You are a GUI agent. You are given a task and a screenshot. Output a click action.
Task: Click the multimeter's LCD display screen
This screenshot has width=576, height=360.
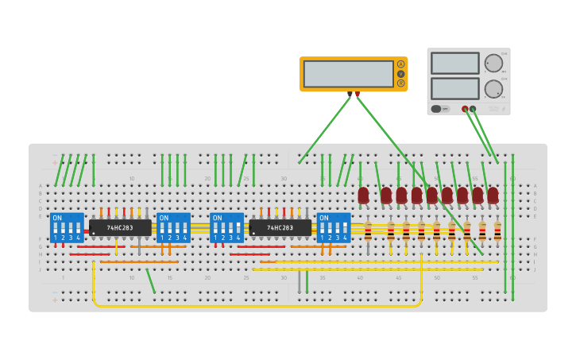348,74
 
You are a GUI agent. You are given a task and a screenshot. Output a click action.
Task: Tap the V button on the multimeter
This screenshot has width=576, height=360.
400,74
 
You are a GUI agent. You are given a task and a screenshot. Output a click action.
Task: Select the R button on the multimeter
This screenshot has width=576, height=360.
400,83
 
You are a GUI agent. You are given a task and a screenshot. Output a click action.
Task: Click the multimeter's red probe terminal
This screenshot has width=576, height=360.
358,94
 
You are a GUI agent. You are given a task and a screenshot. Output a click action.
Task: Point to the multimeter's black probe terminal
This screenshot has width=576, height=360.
350,94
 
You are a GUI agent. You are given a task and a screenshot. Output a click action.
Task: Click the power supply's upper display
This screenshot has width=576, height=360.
454,64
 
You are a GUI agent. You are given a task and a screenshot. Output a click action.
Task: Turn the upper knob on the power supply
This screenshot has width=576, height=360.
493,64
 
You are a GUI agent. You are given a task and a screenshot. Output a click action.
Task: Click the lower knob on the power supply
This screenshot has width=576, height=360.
493,88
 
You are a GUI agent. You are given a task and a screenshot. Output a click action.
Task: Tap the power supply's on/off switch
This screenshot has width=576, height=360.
436,109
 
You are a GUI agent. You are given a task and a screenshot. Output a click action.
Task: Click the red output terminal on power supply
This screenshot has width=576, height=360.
465,109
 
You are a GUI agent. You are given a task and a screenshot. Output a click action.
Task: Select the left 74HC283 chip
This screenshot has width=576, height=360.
120,228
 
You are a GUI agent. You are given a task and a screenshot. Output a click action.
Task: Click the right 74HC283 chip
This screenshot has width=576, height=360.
280,228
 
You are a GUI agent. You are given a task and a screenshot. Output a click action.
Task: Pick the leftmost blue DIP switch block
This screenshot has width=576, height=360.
67,227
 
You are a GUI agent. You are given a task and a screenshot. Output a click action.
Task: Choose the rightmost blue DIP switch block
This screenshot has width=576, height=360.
334,227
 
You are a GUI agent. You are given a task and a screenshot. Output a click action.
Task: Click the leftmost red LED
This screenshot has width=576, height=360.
363,195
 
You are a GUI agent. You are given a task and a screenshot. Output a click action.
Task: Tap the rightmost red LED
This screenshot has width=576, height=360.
493,195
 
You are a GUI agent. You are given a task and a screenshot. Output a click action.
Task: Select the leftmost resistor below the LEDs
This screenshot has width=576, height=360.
368,231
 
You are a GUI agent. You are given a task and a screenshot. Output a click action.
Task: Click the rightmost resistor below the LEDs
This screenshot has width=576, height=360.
497,231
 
